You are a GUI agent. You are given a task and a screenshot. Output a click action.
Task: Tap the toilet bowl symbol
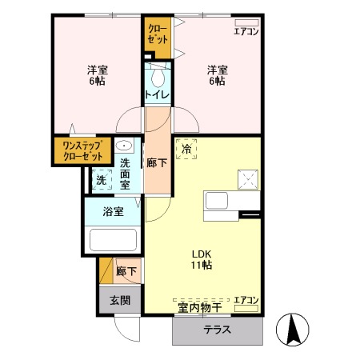coord(157,78)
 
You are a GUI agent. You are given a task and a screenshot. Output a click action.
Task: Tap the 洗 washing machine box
coord(101,180)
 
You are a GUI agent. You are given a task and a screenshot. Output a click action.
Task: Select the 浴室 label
coord(113,212)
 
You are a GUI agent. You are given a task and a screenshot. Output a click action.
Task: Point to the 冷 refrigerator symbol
coord(187,148)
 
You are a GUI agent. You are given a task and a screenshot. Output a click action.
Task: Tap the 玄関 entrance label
coord(119,300)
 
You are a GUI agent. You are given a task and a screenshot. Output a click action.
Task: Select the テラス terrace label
coord(217,330)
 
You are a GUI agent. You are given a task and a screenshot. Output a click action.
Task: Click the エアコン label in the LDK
coord(246,302)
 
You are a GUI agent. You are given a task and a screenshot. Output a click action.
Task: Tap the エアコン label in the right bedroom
coord(246,32)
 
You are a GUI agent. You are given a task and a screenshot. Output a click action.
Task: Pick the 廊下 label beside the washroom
coord(157,163)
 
